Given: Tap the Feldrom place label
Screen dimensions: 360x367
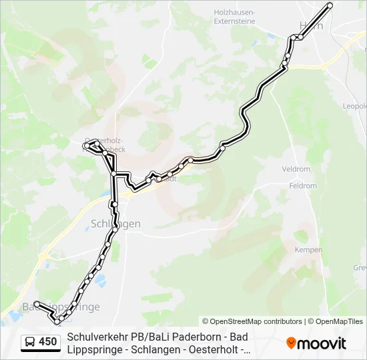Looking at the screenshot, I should pyautogui.click(x=304, y=186).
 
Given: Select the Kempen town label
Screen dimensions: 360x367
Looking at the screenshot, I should pyautogui.click(x=308, y=250).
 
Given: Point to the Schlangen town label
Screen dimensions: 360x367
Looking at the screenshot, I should pyautogui.click(x=115, y=224).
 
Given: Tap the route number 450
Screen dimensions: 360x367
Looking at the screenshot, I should pyautogui.click(x=48, y=342).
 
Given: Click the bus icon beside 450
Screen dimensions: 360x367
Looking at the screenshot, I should pyautogui.click(x=31, y=342).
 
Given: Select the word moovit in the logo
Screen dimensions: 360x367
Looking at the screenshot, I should pyautogui.click(x=322, y=343).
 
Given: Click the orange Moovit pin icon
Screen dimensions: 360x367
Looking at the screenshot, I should pyautogui.click(x=291, y=343).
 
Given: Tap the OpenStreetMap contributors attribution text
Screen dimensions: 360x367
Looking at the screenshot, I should pyautogui.click(x=252, y=321).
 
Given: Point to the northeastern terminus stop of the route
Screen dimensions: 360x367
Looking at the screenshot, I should pyautogui.click(x=330, y=5).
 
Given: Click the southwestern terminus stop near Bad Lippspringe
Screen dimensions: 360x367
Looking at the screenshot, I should pyautogui.click(x=37, y=304).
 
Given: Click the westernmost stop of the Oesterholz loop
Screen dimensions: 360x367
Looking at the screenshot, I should pyautogui.click(x=86, y=145).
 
